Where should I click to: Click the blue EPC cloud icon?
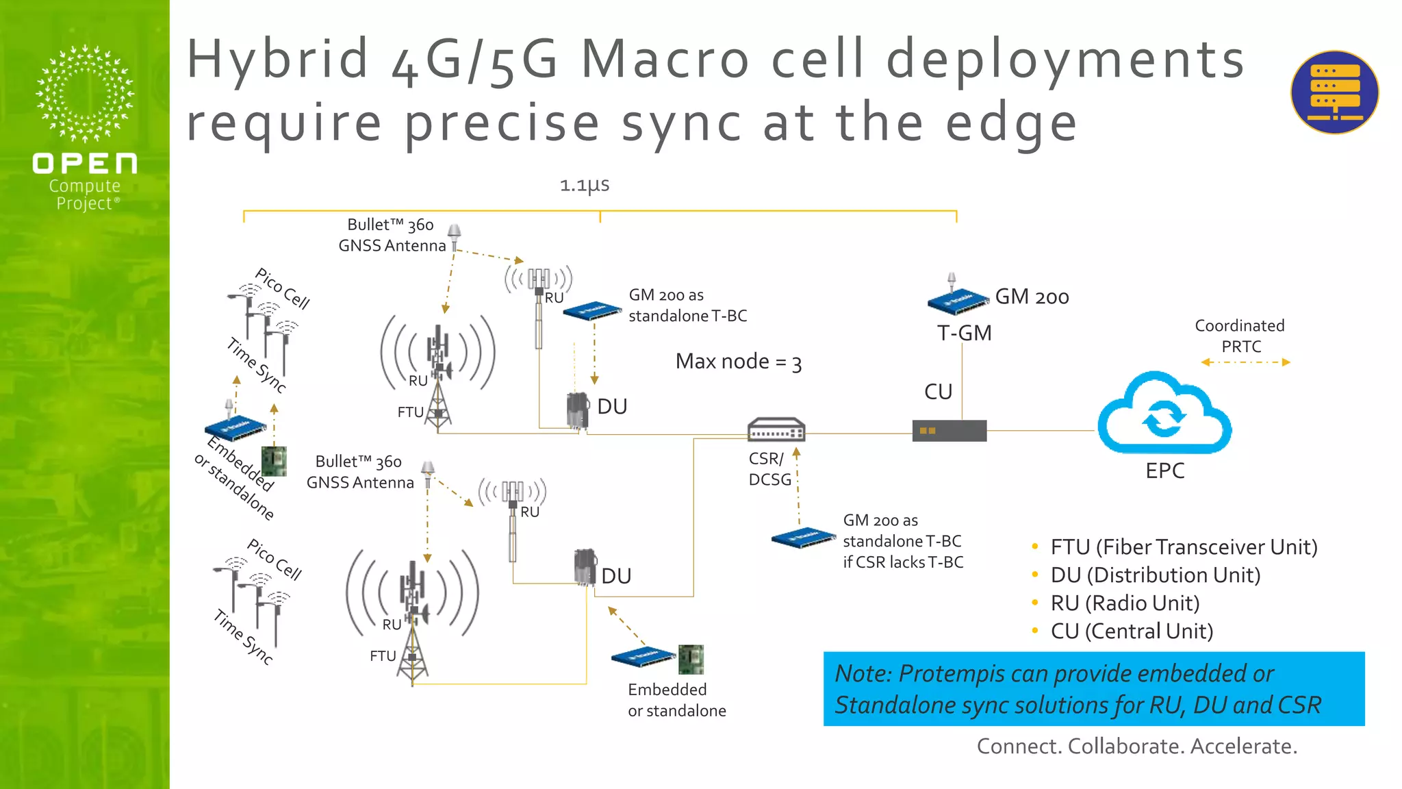[x=1164, y=414]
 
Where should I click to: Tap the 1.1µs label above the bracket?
[x=584, y=185]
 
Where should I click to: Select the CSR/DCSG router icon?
[x=776, y=430]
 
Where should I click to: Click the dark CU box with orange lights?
[x=949, y=431]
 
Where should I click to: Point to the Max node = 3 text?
[x=738, y=362]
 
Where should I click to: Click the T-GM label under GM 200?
[x=964, y=334]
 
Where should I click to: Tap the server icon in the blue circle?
[x=1334, y=92]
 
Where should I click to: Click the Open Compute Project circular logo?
[x=85, y=94]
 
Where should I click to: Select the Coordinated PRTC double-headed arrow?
[x=1245, y=362]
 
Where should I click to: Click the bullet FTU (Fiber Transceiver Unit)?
[x=1183, y=547]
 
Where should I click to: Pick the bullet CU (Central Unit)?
[x=1131, y=631]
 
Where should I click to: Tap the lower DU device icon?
[x=585, y=567]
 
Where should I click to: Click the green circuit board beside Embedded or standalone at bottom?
[x=691, y=660]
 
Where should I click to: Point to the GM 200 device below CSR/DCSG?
[x=803, y=538]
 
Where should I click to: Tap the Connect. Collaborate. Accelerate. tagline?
[x=1136, y=746]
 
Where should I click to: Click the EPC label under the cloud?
[x=1164, y=471]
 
